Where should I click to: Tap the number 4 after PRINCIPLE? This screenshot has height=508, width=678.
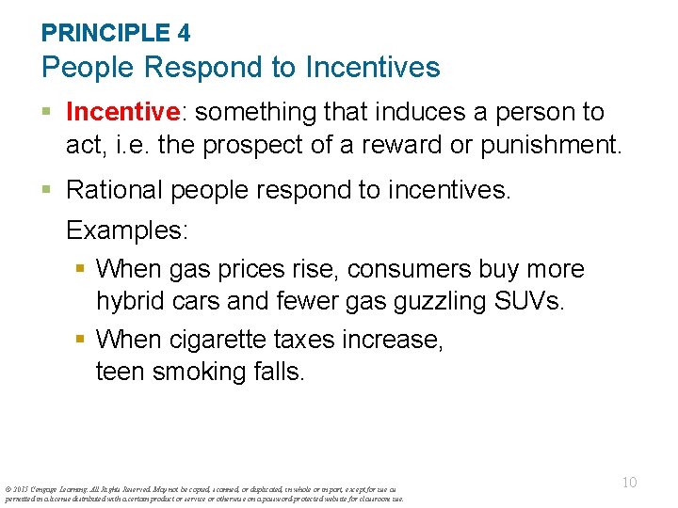click(184, 33)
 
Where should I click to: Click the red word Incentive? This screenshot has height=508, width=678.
click(123, 112)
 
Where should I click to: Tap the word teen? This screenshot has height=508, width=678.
click(121, 373)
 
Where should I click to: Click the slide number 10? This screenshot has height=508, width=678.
click(629, 483)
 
